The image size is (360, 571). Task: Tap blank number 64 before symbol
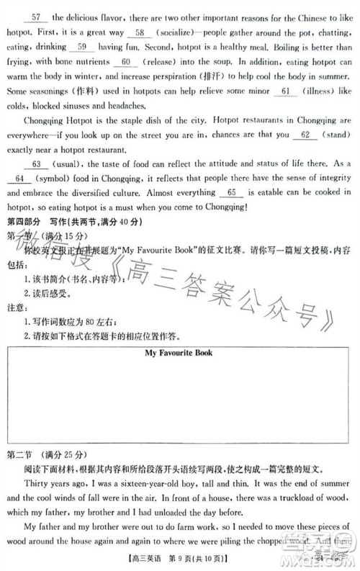[19, 179]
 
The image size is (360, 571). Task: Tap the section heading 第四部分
[23, 222]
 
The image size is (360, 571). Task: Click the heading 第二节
[20, 455]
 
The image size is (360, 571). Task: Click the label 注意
[14, 307]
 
